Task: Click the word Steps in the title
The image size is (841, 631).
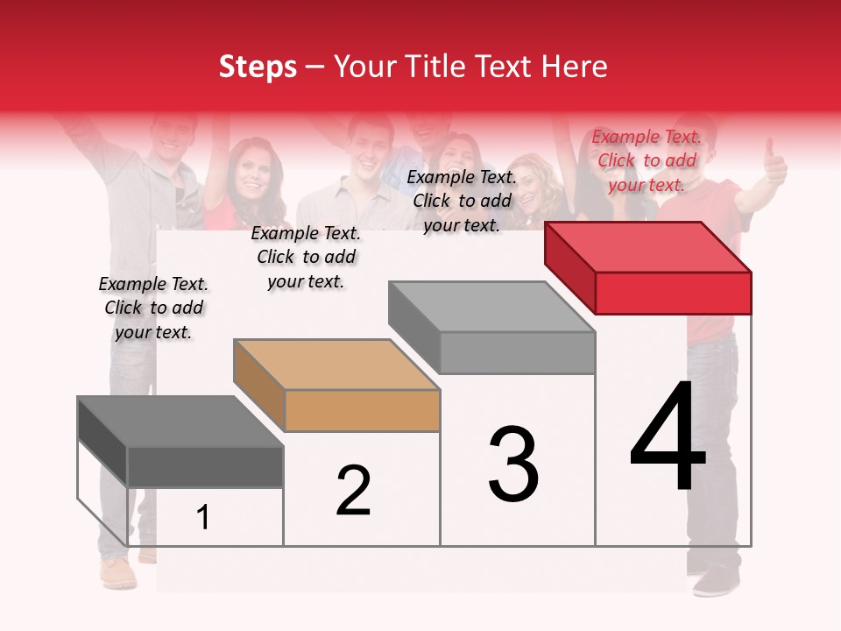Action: (x=258, y=67)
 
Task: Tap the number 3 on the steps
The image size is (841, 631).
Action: (x=513, y=464)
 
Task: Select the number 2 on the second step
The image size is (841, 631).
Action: (x=353, y=491)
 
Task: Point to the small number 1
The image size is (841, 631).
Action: (x=203, y=518)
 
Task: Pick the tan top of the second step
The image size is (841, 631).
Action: (x=336, y=364)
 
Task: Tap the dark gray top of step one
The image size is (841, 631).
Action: (x=180, y=421)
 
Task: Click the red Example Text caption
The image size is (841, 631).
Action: (x=647, y=160)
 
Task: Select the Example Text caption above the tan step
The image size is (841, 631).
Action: (x=306, y=257)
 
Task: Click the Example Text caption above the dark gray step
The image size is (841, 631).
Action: (x=153, y=308)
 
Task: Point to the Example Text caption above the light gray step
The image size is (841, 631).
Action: (x=462, y=201)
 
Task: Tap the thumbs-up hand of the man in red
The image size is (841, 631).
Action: (x=774, y=163)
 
